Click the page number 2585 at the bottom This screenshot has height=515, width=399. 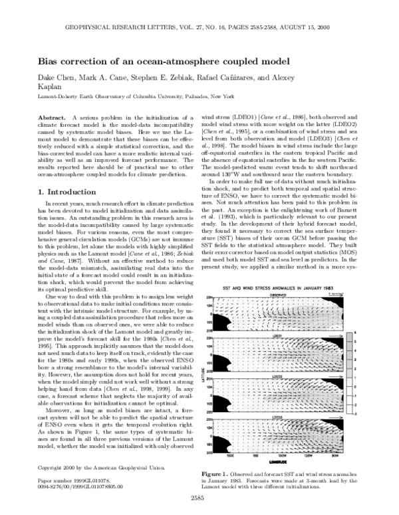pyautogui.click(x=199, y=498)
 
